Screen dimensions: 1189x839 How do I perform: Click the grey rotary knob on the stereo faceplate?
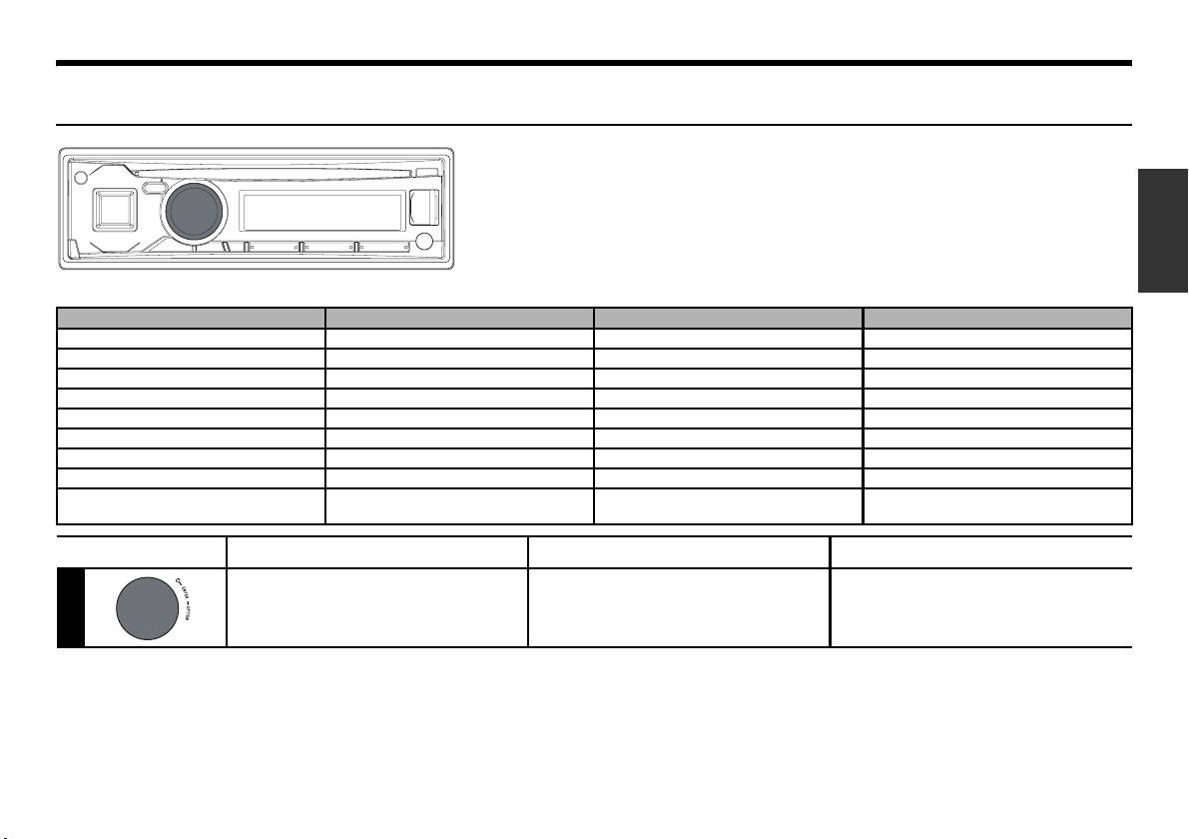[195, 211]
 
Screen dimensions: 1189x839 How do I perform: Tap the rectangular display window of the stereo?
[321, 211]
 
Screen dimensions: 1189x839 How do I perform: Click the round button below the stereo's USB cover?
[424, 241]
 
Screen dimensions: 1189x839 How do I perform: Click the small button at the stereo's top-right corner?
[432, 173]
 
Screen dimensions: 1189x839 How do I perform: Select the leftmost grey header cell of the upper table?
[191, 318]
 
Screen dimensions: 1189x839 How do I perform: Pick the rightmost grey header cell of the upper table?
[997, 318]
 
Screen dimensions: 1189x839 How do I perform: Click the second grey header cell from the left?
[459, 318]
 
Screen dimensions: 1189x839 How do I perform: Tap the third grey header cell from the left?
[728, 318]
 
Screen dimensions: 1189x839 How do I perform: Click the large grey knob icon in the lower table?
[145, 608]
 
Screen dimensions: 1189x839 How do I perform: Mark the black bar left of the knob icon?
[70, 608]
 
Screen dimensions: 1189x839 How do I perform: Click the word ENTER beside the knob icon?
[185, 590]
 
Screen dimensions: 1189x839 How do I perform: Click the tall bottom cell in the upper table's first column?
[191, 506]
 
